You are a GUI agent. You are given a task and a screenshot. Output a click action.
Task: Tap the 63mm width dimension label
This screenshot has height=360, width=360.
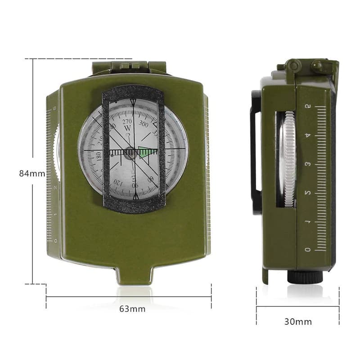coord(132,309)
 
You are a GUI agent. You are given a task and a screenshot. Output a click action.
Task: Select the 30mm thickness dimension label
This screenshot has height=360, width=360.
coord(298,321)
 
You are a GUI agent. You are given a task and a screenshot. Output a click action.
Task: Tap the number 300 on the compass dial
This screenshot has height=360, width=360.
coord(144,123)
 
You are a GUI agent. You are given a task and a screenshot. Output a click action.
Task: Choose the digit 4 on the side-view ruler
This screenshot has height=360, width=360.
coord(308,135)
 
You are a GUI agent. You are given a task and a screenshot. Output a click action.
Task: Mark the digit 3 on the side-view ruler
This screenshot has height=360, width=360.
coord(308,164)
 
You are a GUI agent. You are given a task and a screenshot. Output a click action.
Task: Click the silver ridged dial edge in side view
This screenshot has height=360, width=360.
coord(288,160)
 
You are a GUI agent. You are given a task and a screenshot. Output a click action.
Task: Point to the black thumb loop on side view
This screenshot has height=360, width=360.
coord(255,151)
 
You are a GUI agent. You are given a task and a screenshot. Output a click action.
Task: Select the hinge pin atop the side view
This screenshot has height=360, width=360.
coord(294,66)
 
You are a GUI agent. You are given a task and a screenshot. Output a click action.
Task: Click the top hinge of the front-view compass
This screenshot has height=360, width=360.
coord(129,67)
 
